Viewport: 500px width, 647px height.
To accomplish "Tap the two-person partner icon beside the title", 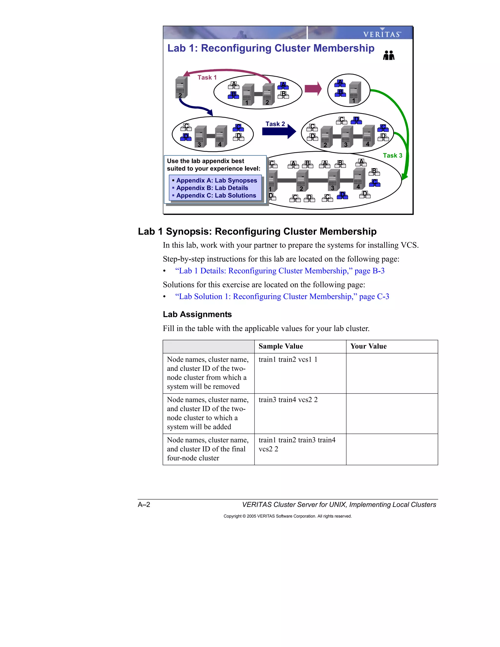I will pos(389,55).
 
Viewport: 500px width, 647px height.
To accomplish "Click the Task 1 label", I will pos(207,78).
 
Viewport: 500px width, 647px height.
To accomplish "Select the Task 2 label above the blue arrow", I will pos(275,124).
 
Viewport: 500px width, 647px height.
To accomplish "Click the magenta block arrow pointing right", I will pos(313,89).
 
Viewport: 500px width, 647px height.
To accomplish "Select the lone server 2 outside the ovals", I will pos(181,88).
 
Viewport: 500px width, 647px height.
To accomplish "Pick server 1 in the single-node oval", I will pos(354,93).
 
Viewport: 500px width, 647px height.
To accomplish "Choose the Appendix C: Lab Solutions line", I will pos(216,196).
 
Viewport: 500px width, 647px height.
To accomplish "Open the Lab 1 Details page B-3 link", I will pos(279,271).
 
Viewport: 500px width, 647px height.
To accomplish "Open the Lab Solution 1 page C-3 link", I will pos(282,297).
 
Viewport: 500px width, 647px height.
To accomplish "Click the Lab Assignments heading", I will pos(197,314).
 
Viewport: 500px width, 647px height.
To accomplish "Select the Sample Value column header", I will pos(281,346).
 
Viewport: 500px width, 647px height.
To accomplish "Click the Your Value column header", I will pos(368,346).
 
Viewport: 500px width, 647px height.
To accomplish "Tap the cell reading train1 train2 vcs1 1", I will pos(288,360).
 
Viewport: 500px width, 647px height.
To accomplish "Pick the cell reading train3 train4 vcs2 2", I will pos(288,400).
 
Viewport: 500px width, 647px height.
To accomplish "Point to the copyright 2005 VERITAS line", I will pos(287,516).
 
